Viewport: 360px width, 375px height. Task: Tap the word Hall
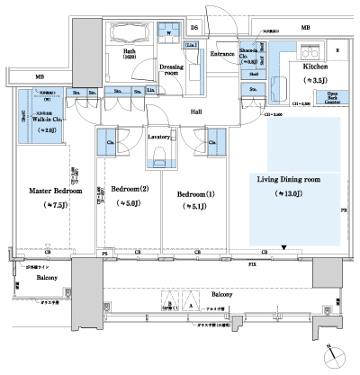coord(195,112)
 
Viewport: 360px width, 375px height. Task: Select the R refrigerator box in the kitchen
coord(337,51)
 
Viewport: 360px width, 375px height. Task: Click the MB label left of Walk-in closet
coord(40,77)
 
